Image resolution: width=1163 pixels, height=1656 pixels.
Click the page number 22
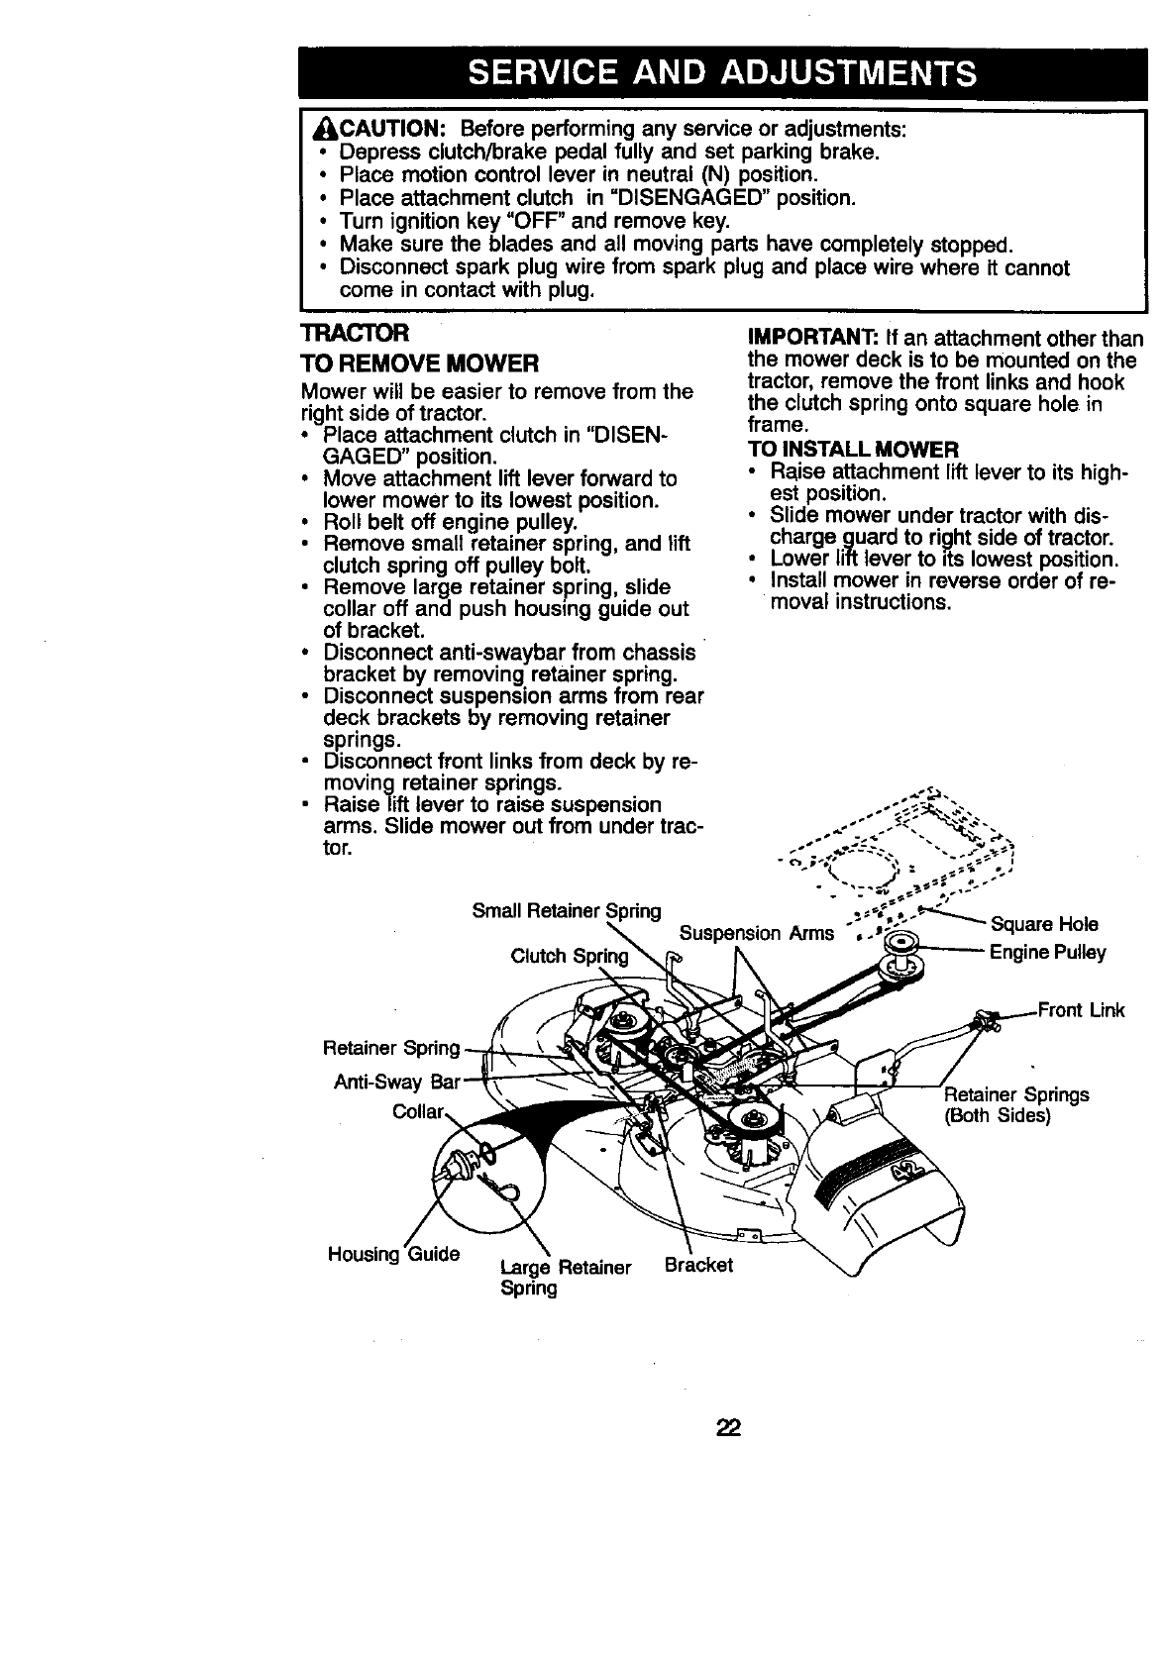729,1428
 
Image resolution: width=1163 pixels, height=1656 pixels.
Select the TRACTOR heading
348,333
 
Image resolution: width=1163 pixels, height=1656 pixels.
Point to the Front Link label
1081,1011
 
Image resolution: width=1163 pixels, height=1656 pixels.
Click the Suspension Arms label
756,933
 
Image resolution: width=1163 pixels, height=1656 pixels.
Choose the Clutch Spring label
569,956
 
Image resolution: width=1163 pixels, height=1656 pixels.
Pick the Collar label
417,1111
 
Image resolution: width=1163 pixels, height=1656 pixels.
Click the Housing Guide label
393,1254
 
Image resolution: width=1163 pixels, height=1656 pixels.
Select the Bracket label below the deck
699,1265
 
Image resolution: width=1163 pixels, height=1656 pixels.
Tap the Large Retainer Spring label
566,1278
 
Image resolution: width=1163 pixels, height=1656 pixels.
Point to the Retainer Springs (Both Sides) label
1015,1104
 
